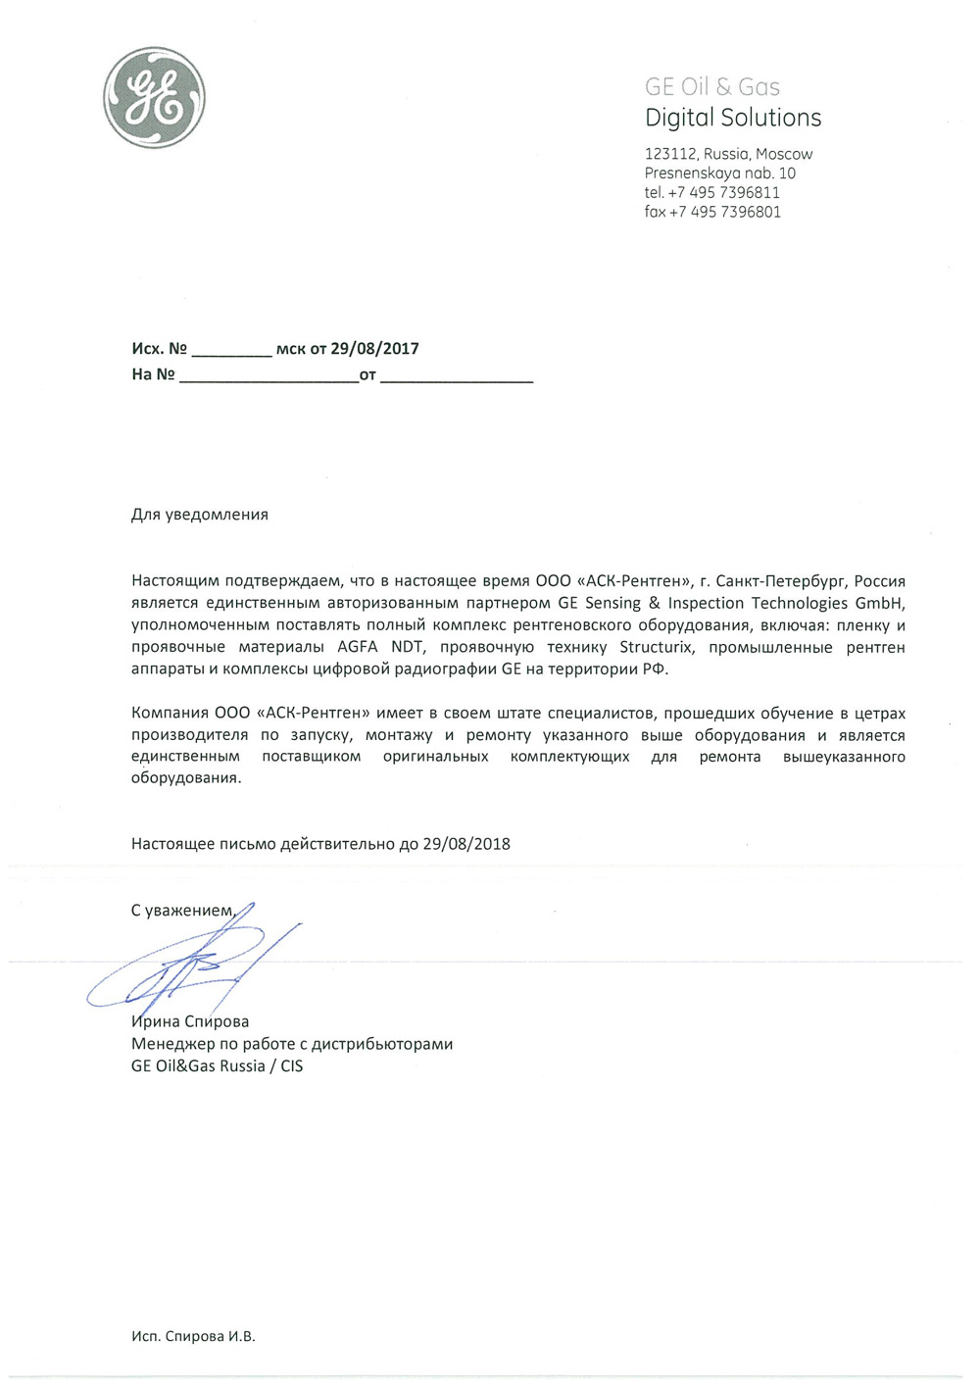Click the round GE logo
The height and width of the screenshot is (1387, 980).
(154, 98)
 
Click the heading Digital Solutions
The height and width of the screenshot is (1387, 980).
(733, 118)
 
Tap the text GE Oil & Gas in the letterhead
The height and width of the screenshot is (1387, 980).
(712, 87)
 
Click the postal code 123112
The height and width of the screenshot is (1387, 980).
(670, 154)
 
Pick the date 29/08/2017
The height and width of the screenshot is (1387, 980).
(374, 349)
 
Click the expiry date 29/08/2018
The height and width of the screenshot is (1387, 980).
(466, 844)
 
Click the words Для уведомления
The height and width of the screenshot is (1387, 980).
(200, 515)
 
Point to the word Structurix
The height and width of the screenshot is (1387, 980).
(656, 648)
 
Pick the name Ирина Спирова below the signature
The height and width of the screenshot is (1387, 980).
(190, 1021)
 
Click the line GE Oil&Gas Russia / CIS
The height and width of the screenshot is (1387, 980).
(218, 1065)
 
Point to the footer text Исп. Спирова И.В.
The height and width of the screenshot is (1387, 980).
(193, 1336)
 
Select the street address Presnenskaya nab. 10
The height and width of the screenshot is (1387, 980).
(720, 173)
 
